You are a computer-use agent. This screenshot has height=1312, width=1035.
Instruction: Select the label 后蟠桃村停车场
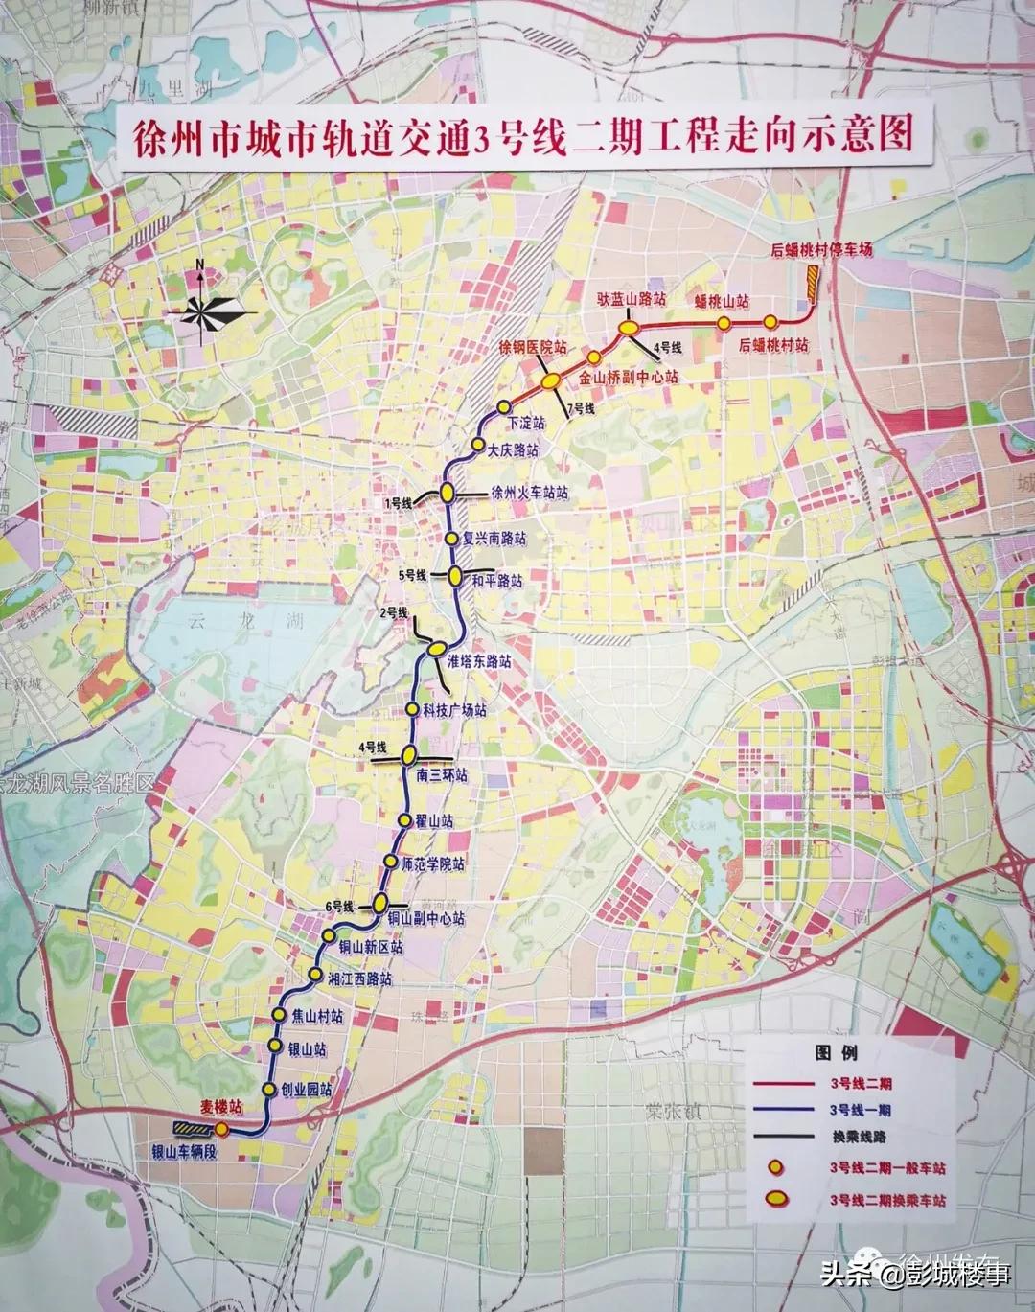pyautogui.click(x=821, y=250)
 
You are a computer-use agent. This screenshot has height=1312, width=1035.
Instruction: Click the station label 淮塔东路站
pyautogui.click(x=479, y=661)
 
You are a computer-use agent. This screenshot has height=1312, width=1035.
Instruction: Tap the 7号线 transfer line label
pyautogui.click(x=582, y=409)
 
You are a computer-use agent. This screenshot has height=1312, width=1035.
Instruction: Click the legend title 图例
pyautogui.click(x=836, y=1052)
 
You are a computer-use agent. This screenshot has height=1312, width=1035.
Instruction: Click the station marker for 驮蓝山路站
pyautogui.click(x=629, y=328)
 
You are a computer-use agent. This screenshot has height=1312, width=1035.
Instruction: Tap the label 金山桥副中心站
pyautogui.click(x=628, y=378)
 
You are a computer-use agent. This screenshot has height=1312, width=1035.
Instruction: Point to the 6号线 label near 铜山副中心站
pyautogui.click(x=340, y=906)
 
